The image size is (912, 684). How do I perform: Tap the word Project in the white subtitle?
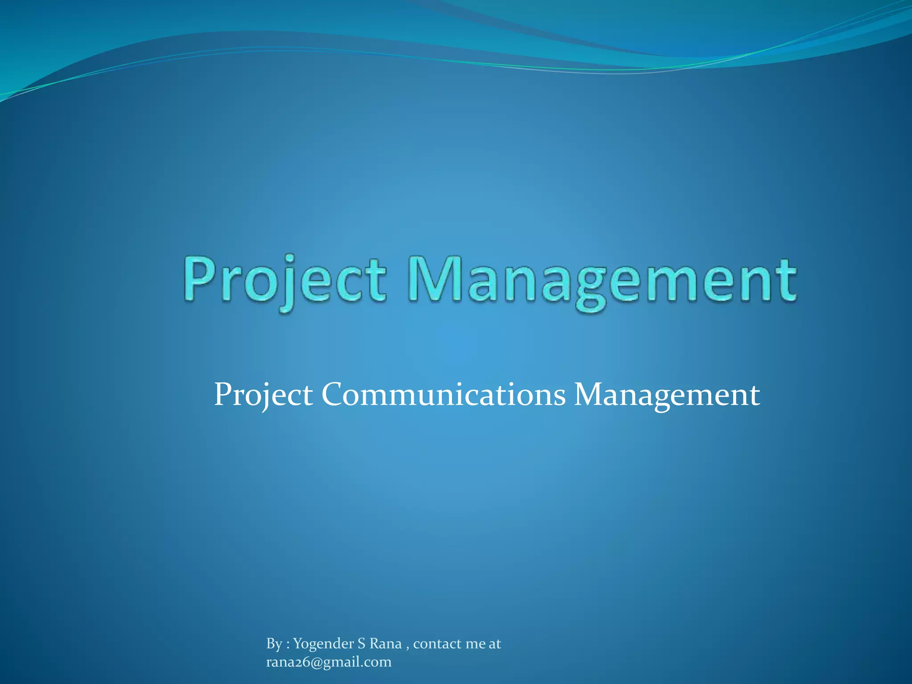pos(263,395)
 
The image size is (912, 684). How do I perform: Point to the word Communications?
pos(443,395)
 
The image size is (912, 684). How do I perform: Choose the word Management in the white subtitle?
pos(667,395)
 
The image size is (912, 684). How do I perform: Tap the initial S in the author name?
pos(362,643)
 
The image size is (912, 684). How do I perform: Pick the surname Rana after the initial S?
pos(386,643)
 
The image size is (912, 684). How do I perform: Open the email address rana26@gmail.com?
pos(329,662)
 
